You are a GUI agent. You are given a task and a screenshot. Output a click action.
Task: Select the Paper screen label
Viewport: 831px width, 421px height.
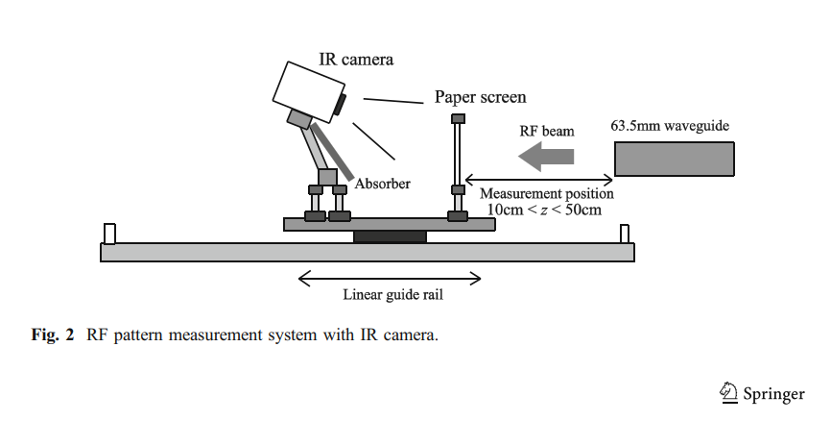[480, 97]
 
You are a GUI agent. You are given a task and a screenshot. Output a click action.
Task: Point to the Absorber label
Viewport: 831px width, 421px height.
[381, 183]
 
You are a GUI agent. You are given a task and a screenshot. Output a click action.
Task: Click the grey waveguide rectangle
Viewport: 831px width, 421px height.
[675, 158]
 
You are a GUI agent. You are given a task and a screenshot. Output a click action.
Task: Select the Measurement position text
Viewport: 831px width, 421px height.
[546, 193]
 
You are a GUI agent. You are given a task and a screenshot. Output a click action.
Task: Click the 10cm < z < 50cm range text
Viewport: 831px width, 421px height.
[540, 209]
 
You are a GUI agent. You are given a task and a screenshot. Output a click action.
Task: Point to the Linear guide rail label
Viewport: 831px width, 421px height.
[389, 294]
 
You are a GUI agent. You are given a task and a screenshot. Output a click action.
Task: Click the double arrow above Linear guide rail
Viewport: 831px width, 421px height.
[390, 279]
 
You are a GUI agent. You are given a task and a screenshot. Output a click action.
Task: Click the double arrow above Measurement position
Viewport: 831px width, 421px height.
[539, 180]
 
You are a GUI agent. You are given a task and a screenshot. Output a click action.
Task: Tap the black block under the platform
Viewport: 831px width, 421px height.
[390, 236]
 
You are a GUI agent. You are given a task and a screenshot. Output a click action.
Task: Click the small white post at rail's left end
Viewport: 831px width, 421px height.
[109, 234]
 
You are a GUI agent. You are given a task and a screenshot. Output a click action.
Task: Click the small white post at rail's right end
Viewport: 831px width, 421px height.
[625, 234]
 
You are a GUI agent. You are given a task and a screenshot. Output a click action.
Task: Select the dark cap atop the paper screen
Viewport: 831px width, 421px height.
[458, 118]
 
